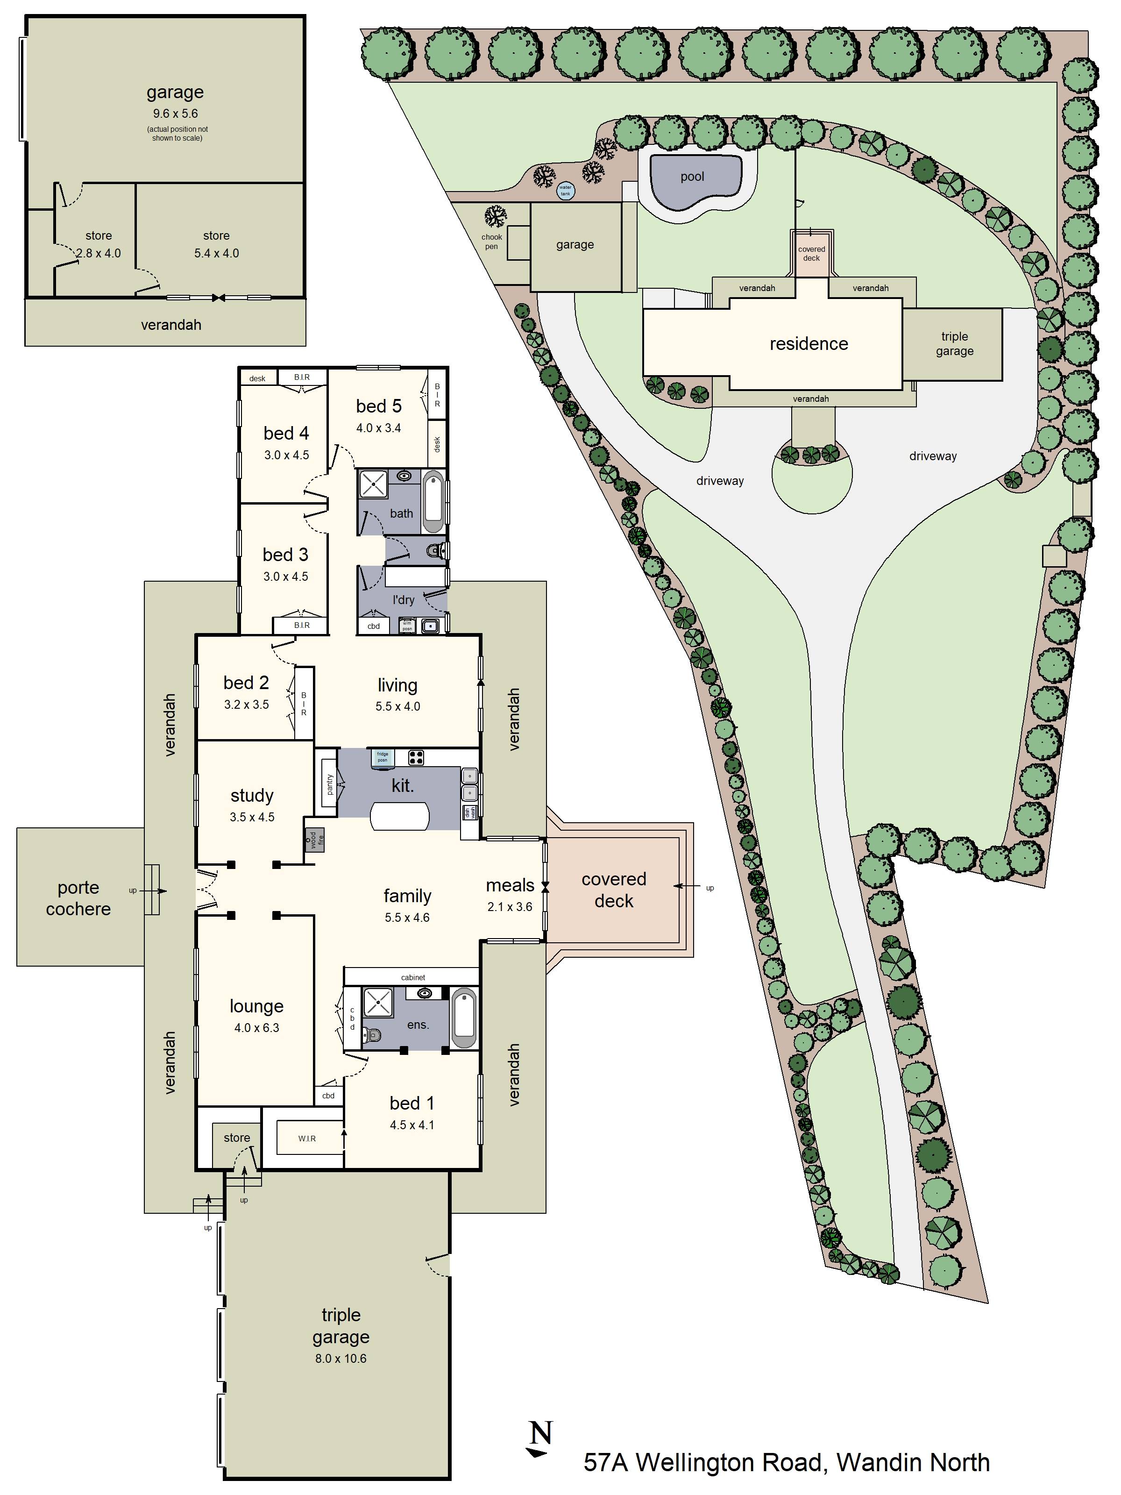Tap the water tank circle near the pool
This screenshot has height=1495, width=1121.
pos(565,191)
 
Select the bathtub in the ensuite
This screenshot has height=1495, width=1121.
pos(463,1018)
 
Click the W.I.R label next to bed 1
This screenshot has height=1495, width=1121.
pos(307,1139)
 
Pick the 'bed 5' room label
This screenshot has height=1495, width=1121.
pos(378,406)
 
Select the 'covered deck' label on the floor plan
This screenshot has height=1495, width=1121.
pos(614,890)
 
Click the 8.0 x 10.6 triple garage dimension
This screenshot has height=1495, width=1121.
pos(341,1359)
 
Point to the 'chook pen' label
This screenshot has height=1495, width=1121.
pos(491,241)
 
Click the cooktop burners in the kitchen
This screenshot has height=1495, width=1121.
pos(416,757)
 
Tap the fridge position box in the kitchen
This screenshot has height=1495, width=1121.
pos(383,757)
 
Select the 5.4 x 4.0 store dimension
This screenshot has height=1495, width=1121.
pos(216,253)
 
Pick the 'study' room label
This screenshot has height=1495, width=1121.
pos(252,796)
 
